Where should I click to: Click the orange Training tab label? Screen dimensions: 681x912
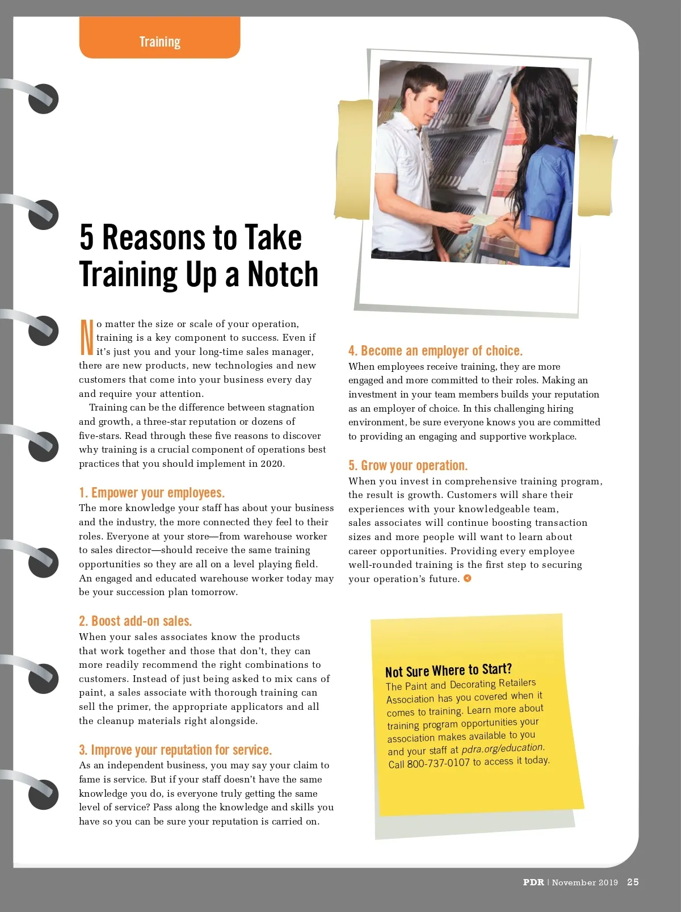(x=160, y=41)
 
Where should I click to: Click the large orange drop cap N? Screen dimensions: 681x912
(x=86, y=337)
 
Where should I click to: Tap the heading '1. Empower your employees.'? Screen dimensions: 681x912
(x=152, y=493)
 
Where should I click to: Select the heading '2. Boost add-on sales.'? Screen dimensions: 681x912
(x=136, y=621)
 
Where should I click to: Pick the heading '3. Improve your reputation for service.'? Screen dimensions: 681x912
(x=175, y=750)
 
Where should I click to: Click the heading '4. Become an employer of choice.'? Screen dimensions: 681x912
(x=435, y=351)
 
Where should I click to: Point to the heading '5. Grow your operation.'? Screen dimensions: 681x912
(x=408, y=465)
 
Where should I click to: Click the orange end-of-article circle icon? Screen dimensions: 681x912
(x=467, y=578)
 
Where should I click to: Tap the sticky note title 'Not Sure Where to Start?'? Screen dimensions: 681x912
(x=448, y=670)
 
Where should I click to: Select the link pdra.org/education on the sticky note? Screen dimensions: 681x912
(x=503, y=748)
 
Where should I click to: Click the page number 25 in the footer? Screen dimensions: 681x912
(x=633, y=882)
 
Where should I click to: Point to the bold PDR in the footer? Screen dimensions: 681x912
(x=533, y=882)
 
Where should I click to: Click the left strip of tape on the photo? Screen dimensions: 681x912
(x=354, y=159)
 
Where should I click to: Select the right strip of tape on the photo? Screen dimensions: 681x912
(x=595, y=175)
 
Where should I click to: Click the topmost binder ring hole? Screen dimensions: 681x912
(x=43, y=99)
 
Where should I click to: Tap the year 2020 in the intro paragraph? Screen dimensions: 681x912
(x=272, y=464)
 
